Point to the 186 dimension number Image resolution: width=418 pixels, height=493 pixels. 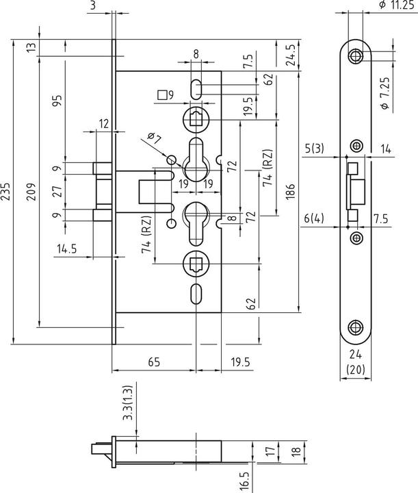coord(291,189)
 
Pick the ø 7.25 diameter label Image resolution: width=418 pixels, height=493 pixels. coord(384,94)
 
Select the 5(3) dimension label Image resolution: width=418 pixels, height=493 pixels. coord(315,147)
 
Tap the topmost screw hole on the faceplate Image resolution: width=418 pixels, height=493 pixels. coord(356,56)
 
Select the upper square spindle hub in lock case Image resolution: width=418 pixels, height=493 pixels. coord(195,118)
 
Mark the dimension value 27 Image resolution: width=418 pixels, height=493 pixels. coord(57,190)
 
